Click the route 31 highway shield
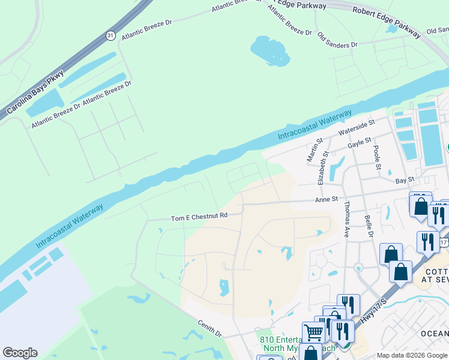(x=110, y=35)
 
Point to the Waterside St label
(x=356, y=126)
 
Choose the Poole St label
(x=376, y=154)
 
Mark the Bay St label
(x=405, y=179)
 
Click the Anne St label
(x=327, y=199)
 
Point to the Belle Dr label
(x=369, y=226)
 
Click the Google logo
(x=20, y=353)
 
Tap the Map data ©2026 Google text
(x=411, y=355)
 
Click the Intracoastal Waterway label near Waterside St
(x=315, y=125)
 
